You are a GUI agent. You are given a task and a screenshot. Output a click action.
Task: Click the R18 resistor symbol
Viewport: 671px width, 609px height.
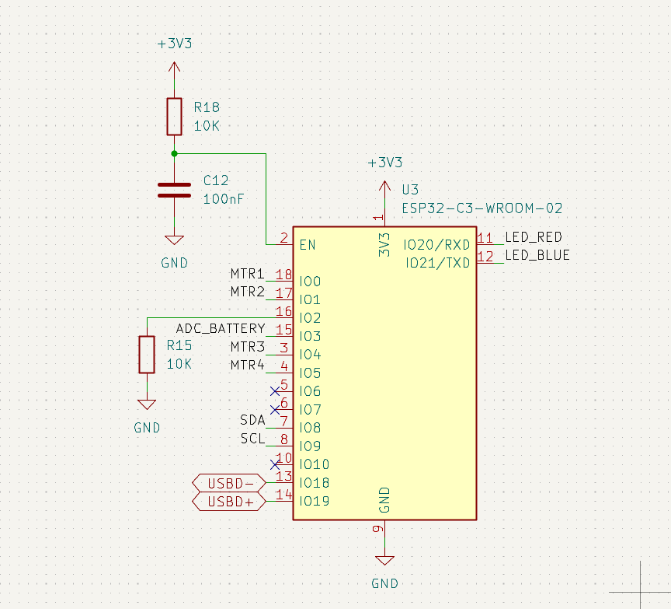pos(174,116)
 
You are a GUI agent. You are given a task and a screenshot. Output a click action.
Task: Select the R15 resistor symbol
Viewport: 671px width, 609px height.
pos(146,354)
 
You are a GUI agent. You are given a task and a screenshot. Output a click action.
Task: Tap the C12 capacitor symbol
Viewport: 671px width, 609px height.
pos(174,191)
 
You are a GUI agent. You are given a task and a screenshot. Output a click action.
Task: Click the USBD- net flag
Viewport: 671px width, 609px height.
pos(229,483)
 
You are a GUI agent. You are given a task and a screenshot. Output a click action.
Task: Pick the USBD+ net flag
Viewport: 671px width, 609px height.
pos(229,502)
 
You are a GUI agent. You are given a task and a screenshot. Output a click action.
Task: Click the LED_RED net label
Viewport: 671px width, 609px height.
pos(533,237)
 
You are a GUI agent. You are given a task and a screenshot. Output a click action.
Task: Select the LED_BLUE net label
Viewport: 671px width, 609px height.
pos(537,255)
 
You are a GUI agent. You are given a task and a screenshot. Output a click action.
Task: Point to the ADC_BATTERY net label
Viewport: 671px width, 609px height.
pos(221,328)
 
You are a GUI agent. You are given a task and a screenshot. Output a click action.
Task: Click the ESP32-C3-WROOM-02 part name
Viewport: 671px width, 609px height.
pos(482,208)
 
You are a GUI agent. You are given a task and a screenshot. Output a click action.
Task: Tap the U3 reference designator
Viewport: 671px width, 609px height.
pos(410,190)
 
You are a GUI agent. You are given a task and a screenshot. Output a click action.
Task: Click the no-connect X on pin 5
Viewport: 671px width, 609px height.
pos(274,390)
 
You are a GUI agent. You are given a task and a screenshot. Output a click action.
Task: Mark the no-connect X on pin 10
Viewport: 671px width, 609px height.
pos(274,464)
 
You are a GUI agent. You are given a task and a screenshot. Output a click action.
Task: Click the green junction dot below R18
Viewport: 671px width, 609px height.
pos(174,153)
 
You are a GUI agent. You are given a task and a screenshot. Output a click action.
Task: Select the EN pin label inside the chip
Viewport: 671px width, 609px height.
pos(308,245)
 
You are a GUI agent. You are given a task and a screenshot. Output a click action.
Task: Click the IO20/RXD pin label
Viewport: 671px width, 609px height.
pos(437,245)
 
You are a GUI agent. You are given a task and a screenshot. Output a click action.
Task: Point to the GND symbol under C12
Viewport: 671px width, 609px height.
pos(174,241)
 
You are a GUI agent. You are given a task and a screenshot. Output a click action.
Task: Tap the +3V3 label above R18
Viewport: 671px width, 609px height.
pos(174,44)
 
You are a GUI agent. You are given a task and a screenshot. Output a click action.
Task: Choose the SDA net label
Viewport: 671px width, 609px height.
pos(252,420)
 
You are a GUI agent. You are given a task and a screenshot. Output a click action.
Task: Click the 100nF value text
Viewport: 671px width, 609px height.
pos(223,199)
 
